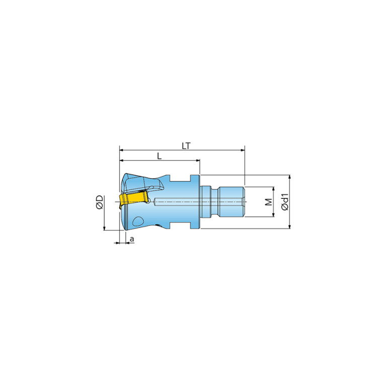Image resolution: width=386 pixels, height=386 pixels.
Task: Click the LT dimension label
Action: pyautogui.click(x=186, y=146)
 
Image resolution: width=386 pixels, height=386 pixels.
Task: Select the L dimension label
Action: pyautogui.click(x=160, y=156)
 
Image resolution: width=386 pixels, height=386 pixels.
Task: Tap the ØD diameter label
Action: pyautogui.click(x=100, y=202)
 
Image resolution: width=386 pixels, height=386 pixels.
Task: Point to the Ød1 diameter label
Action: pyautogui.click(x=285, y=202)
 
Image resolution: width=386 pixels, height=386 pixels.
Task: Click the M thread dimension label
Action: pyautogui.click(x=269, y=202)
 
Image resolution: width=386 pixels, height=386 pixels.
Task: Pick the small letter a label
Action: pyautogui.click(x=132, y=239)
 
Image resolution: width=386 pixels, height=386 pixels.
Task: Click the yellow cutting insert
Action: pyautogui.click(x=133, y=200)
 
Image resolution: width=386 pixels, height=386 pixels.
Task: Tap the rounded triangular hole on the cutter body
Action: pyautogui.click(x=137, y=221)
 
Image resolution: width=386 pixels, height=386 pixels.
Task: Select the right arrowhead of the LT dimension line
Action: pyautogui.click(x=243, y=149)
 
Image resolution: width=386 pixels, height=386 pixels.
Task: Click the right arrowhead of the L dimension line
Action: pyautogui.click(x=198, y=161)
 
